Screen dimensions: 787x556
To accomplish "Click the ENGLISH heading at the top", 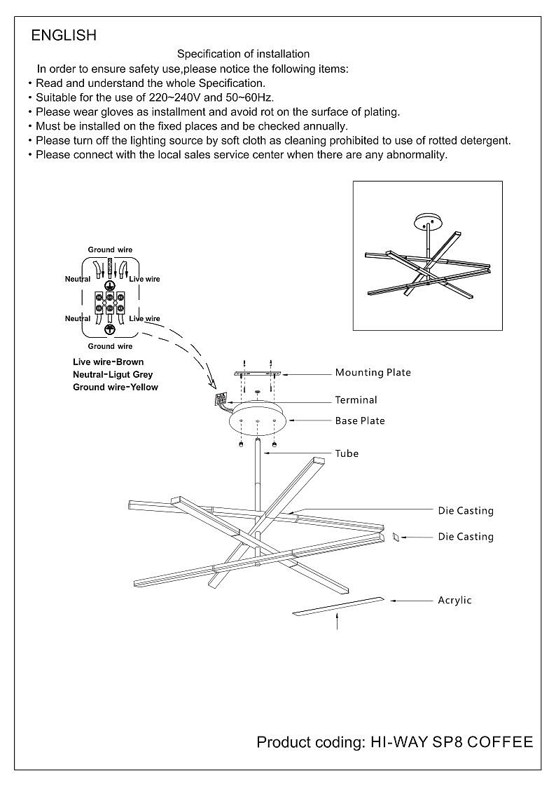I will (x=64, y=35).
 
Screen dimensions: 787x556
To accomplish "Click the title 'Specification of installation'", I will (x=243, y=54).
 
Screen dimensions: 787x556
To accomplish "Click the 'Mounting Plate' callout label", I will (x=373, y=373).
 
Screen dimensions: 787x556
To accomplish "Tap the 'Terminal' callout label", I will (x=356, y=400).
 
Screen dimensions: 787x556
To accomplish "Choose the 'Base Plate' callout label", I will (x=360, y=421).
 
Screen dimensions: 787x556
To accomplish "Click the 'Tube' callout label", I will (x=347, y=453).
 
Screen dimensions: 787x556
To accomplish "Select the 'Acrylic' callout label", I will (x=455, y=601).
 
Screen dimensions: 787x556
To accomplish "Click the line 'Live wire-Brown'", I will (x=108, y=362).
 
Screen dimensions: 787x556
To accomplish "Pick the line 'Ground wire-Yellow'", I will (x=116, y=388).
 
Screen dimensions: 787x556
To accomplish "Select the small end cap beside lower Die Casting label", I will (x=396, y=537).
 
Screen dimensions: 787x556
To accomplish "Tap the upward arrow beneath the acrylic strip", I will (x=338, y=620).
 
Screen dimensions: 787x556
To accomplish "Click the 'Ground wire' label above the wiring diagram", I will (x=110, y=250).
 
